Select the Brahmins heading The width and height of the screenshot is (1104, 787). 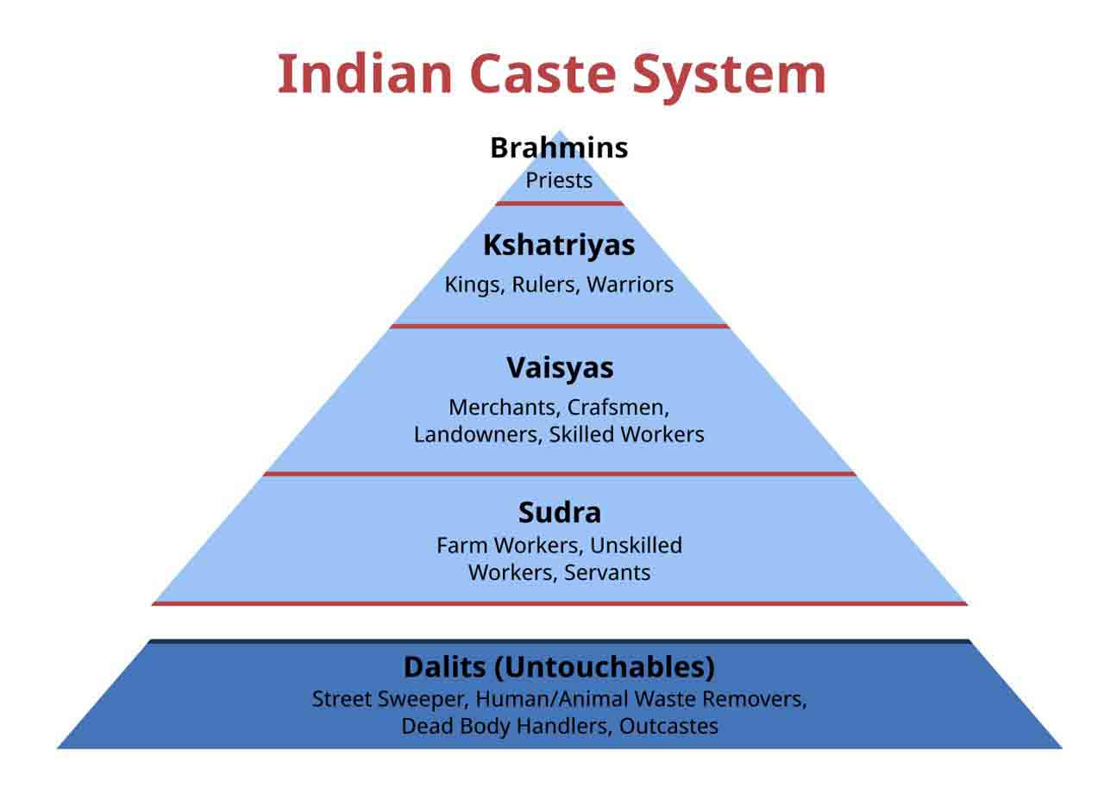click(x=559, y=148)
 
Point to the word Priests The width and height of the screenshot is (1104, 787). click(x=559, y=181)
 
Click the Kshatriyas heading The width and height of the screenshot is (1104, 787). click(x=559, y=245)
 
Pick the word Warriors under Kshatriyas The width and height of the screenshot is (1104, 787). click(x=630, y=284)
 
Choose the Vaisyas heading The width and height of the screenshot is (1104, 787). click(x=560, y=368)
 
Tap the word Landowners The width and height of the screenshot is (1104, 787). click(x=478, y=434)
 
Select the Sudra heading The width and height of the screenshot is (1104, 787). click(x=559, y=513)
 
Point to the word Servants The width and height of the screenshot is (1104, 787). click(x=607, y=572)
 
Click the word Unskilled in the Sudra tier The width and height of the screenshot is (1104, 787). click(x=636, y=546)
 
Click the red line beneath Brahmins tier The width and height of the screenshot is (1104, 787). click(x=559, y=203)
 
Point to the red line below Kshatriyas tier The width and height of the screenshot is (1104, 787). click(x=559, y=326)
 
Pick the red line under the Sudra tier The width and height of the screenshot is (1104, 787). click(x=559, y=603)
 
